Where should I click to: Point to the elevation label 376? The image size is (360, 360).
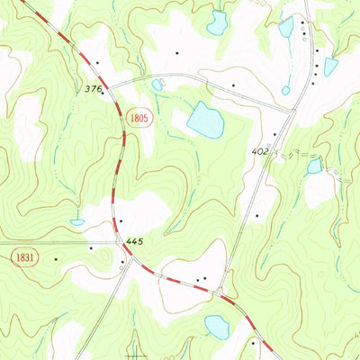click(92, 88)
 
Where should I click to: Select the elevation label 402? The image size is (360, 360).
click(259, 151)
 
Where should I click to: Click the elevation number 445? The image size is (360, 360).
click(136, 241)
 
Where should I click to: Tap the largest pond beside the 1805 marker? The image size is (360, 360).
click(205, 120)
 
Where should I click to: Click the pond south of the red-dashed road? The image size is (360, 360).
click(217, 326)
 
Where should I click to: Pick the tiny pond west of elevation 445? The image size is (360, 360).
click(77, 221)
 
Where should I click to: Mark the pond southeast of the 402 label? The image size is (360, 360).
click(314, 166)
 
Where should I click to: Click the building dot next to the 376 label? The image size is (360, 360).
click(103, 91)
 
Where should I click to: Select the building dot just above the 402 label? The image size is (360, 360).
click(274, 135)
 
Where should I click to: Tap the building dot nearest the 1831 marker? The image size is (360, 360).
click(56, 259)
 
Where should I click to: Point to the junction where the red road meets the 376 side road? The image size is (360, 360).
click(112, 84)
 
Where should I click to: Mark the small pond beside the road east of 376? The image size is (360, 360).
click(158, 85)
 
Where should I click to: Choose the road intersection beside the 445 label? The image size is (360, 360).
click(120, 241)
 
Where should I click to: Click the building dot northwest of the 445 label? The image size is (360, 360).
click(120, 220)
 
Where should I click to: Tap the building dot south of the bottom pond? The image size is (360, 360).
click(254, 343)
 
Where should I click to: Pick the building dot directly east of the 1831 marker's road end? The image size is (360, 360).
click(91, 247)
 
